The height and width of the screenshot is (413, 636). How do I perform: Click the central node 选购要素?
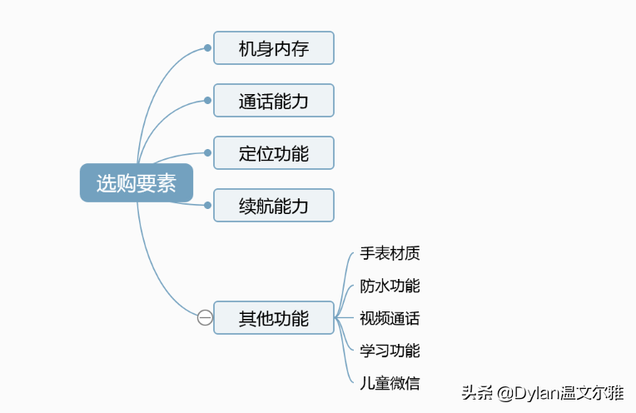point(137,182)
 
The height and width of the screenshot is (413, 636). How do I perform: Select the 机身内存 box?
point(274,47)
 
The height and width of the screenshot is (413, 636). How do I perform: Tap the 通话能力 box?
point(274,101)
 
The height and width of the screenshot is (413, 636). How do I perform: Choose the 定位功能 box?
point(274,153)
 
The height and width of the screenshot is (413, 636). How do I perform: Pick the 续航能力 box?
point(274,206)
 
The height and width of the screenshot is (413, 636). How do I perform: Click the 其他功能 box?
point(274,318)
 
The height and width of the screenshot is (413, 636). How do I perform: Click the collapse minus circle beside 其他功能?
point(205,318)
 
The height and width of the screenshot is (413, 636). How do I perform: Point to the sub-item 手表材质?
point(390,253)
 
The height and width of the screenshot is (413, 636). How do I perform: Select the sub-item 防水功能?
point(390,286)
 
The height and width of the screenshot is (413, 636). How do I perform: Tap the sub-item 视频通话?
point(390,318)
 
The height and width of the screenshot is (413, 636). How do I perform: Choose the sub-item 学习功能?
point(390,351)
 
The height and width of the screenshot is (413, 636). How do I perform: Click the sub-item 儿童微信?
point(390,383)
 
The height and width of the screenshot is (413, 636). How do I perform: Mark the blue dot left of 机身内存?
point(207,47)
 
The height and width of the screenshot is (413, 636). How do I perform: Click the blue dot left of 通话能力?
point(207,100)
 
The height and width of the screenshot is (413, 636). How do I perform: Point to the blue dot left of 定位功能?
point(207,153)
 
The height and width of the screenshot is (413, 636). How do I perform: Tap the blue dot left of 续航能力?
point(207,206)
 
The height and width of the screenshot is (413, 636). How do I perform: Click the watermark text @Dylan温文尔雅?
point(560,393)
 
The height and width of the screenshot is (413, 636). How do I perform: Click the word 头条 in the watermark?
point(477,393)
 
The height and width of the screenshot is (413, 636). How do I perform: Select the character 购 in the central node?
point(126,183)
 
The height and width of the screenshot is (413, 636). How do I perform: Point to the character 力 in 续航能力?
point(301,206)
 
